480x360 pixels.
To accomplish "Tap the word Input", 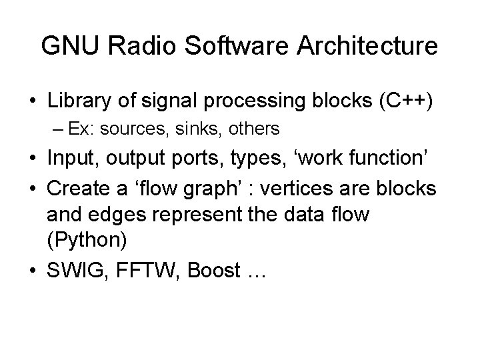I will tap(71, 159).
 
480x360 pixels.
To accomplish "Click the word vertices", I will tap(303, 188).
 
